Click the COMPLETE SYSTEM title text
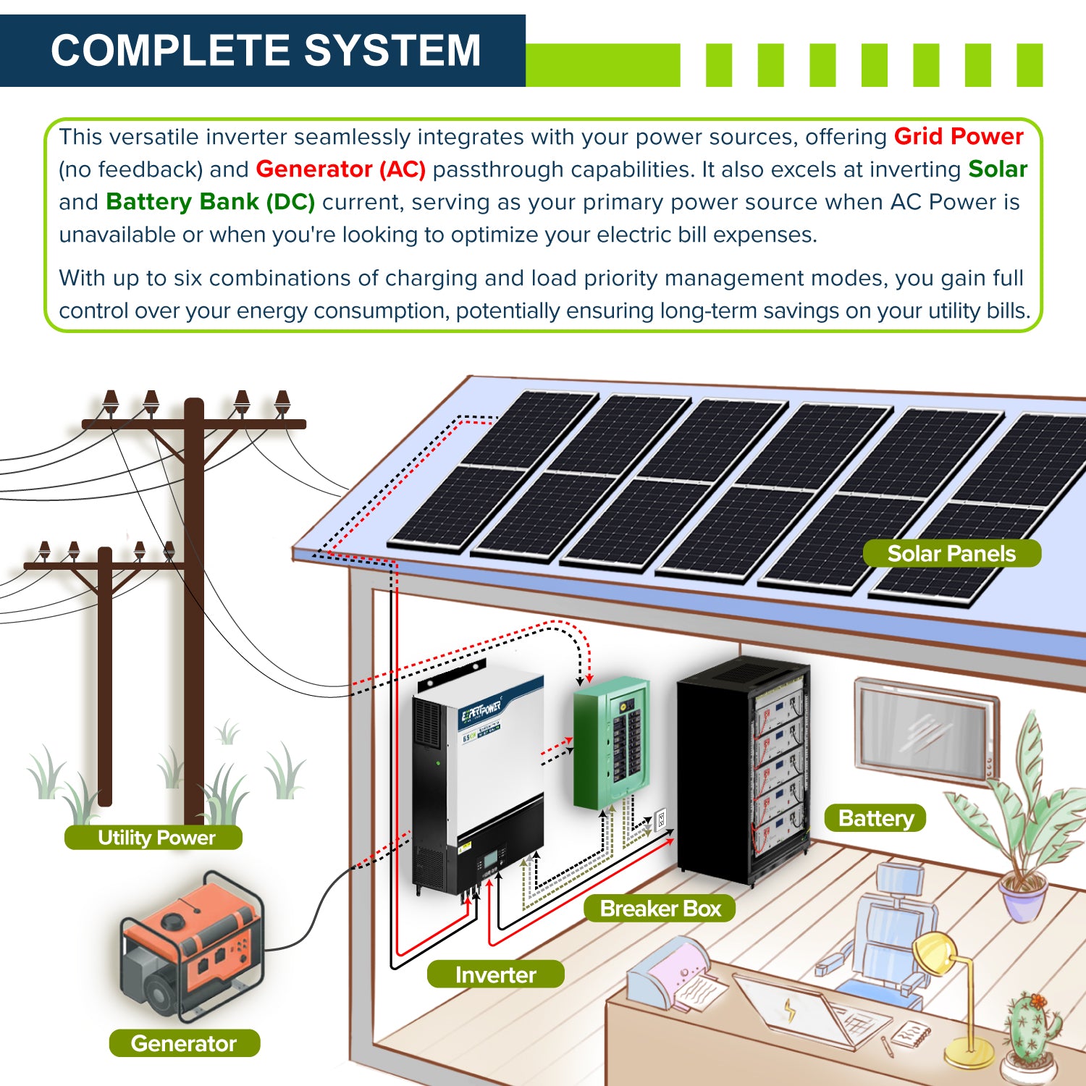click(266, 50)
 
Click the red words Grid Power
click(958, 136)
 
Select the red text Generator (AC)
click(340, 169)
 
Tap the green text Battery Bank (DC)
click(210, 201)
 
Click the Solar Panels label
click(951, 554)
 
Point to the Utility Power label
click(156, 838)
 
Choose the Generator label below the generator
click(184, 1043)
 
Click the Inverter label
click(495, 975)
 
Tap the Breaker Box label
click(660, 908)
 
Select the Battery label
click(875, 818)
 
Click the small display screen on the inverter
click(490, 859)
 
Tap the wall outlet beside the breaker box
click(660, 820)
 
